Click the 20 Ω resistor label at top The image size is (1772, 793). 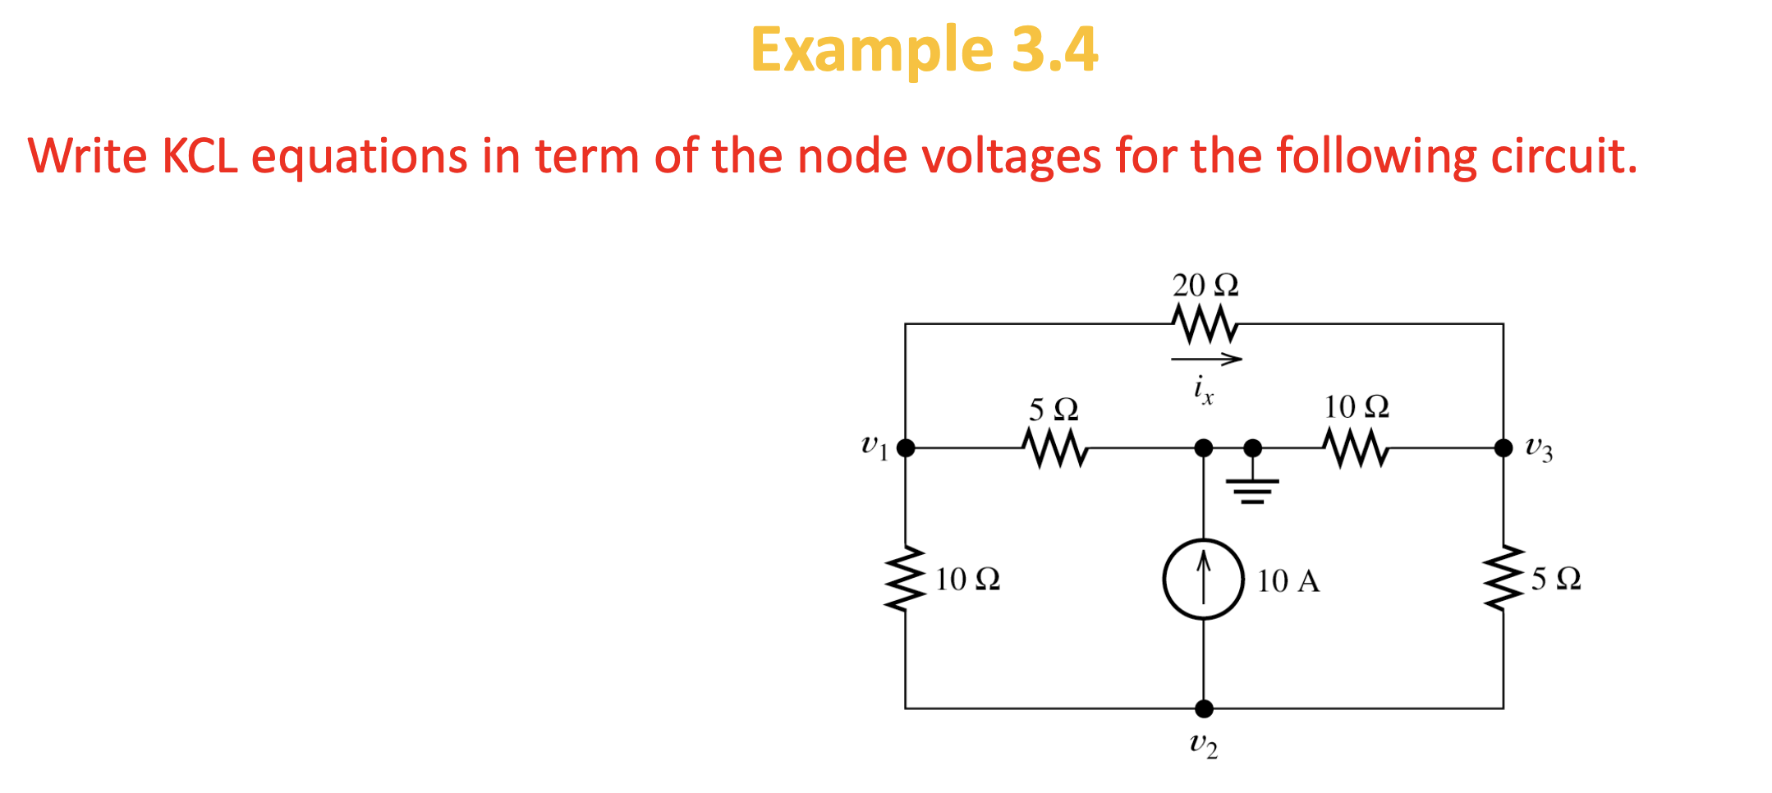1205,286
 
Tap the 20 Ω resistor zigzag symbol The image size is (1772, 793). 1205,324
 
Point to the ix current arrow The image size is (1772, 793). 1206,359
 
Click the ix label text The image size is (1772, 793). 1203,388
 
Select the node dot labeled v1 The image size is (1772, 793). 906,448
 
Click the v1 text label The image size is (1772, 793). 875,447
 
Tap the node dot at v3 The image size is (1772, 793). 1503,448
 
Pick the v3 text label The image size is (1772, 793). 1539,449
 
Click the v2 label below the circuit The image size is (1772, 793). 1204,745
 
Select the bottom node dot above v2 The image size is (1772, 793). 1204,708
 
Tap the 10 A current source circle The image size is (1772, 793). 1204,580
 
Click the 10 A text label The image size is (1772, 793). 1288,581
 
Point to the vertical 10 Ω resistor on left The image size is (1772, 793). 906,580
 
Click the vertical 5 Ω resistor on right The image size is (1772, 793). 1503,578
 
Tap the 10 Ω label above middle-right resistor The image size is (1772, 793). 1357,407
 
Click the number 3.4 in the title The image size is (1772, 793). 1054,49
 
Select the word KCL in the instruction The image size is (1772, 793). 200,155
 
